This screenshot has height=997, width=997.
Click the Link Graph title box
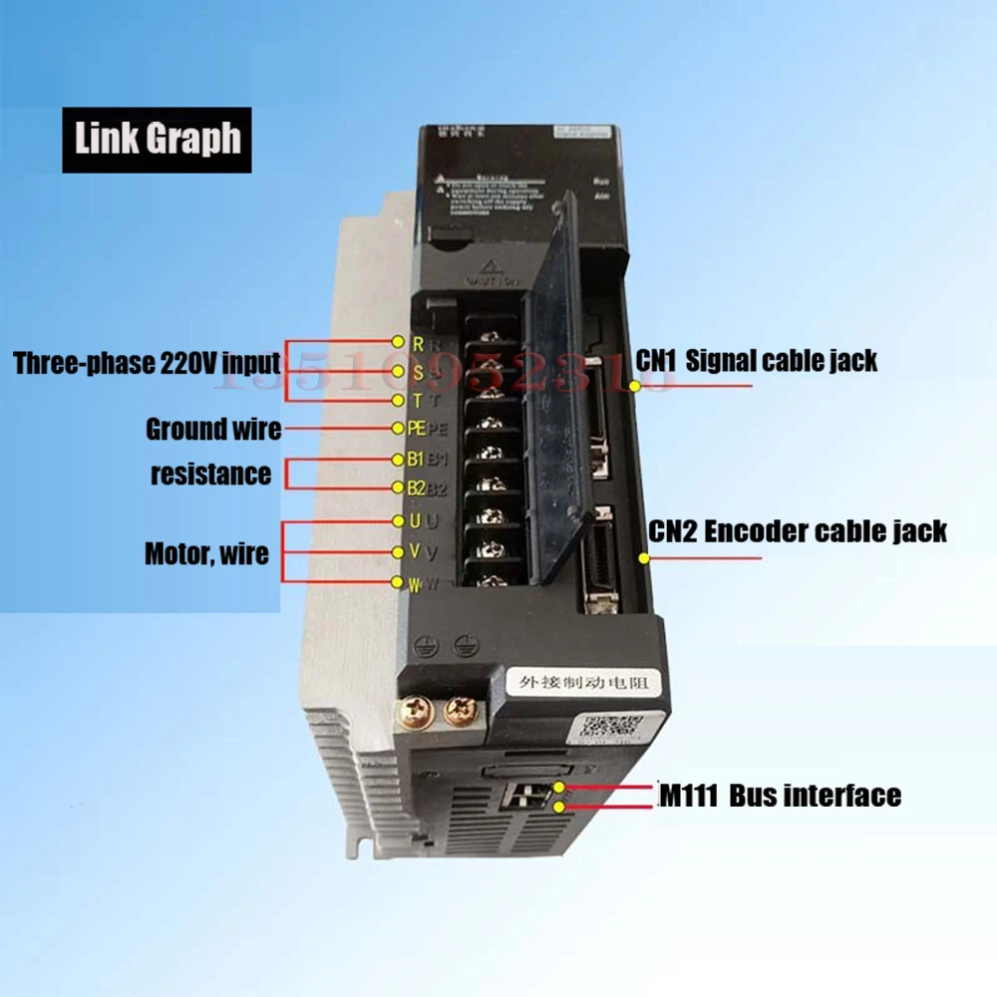click(157, 140)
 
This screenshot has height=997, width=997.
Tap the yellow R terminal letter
click(419, 344)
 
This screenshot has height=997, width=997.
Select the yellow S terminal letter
click(419, 373)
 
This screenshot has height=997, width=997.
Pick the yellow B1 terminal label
click(416, 460)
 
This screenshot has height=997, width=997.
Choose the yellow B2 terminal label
click(416, 489)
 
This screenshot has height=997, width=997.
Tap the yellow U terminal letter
click(416, 520)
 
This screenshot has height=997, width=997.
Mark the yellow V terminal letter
click(415, 552)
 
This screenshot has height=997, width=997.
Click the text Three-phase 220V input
click(147, 363)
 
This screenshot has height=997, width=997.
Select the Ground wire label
click(213, 430)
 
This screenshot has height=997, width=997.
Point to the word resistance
click(210, 475)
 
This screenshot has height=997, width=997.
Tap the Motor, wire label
click(206, 552)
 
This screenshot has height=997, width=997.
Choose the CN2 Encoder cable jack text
click(798, 530)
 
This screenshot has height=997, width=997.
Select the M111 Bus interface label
click(780, 796)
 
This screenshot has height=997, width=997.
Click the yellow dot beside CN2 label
click(644, 558)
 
